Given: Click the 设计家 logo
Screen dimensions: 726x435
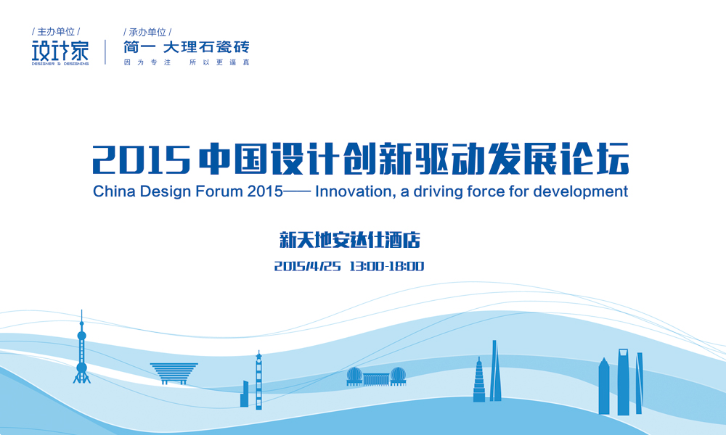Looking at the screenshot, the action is pos(60,52).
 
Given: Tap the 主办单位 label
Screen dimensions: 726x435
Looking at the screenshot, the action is pos(56,32).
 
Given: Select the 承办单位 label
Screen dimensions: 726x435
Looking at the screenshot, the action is pos(147,32).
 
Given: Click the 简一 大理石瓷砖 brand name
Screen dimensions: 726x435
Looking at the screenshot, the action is pos(187,46).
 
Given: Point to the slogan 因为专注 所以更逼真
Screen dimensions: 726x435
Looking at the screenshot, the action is pos(187,62).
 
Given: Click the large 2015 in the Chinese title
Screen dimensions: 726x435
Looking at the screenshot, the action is pos(142,159).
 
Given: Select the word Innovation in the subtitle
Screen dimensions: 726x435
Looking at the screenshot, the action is pos(354,191).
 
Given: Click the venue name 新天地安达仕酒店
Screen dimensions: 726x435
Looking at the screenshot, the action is pos(350,241).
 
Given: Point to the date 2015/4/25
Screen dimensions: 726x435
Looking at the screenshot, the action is pos(307,266).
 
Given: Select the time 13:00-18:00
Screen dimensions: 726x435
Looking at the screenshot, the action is pos(387,266).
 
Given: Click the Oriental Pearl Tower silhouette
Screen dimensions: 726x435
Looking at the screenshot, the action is pos(82,352).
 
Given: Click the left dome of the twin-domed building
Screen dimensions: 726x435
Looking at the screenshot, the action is pos(354,376).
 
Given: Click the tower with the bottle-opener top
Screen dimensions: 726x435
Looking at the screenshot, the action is pos(623,382).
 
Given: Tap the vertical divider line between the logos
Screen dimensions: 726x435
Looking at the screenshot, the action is pos(105,52).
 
